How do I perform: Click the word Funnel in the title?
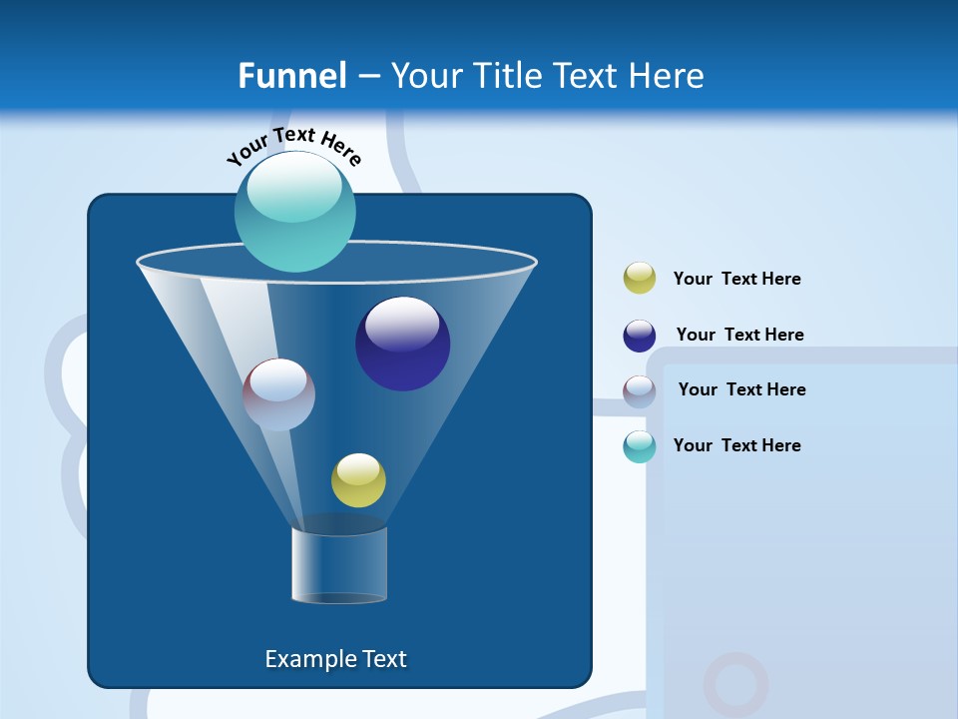click(292, 76)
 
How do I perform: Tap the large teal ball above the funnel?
click(294, 212)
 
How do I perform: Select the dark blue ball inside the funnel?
click(402, 344)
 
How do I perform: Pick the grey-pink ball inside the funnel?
click(278, 394)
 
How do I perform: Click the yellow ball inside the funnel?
click(358, 480)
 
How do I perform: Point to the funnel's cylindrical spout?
click(339, 565)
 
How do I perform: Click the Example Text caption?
click(335, 659)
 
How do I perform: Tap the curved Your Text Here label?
click(293, 146)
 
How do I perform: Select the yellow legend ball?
click(640, 279)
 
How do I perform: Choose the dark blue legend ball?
click(640, 336)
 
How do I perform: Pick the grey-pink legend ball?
click(640, 391)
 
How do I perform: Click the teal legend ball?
click(640, 446)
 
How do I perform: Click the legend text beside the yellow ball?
click(736, 280)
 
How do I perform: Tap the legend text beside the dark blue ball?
click(739, 336)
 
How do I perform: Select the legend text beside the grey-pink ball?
click(741, 390)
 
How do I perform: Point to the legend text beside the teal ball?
click(736, 445)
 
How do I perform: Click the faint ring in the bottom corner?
click(735, 685)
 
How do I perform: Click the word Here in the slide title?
click(668, 76)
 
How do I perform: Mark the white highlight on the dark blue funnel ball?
click(402, 324)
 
